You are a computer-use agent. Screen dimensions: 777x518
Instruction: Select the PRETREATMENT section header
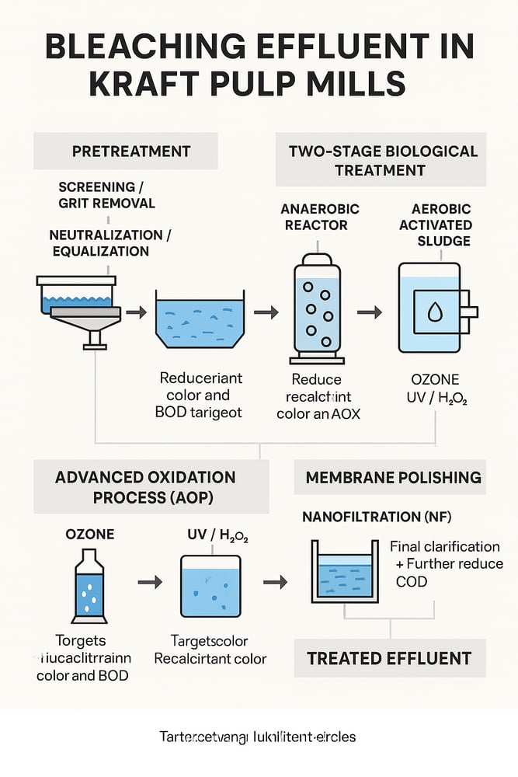125,151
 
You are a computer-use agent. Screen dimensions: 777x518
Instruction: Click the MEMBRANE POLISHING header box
394,476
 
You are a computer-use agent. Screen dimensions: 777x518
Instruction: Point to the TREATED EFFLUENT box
389,658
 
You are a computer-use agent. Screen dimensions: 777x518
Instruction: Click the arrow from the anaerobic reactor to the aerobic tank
369,312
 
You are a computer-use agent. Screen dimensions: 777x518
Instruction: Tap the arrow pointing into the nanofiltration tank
275,581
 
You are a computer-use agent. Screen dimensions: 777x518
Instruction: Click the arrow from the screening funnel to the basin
136,312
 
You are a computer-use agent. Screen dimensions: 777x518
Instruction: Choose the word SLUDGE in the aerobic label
443,241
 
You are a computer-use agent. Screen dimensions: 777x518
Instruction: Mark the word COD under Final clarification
412,580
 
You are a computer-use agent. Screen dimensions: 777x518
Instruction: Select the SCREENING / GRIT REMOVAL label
106,195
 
